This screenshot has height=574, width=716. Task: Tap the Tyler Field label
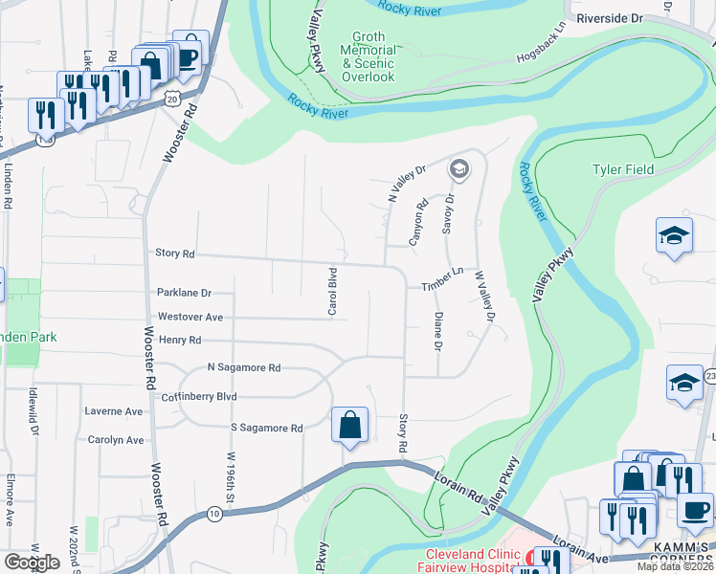[x=623, y=169]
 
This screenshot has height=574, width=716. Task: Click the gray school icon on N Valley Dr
[x=459, y=169]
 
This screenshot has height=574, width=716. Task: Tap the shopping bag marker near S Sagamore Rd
[x=349, y=424]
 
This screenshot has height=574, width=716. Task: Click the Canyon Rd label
[x=418, y=223]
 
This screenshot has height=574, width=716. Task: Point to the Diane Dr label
[x=437, y=330]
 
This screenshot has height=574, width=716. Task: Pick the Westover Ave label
[x=190, y=317]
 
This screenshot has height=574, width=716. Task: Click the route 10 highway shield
[x=213, y=515]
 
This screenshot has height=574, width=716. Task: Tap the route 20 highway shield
[x=170, y=98]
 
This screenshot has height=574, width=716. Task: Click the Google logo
[x=33, y=563]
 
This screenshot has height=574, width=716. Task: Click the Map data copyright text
[x=675, y=566]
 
